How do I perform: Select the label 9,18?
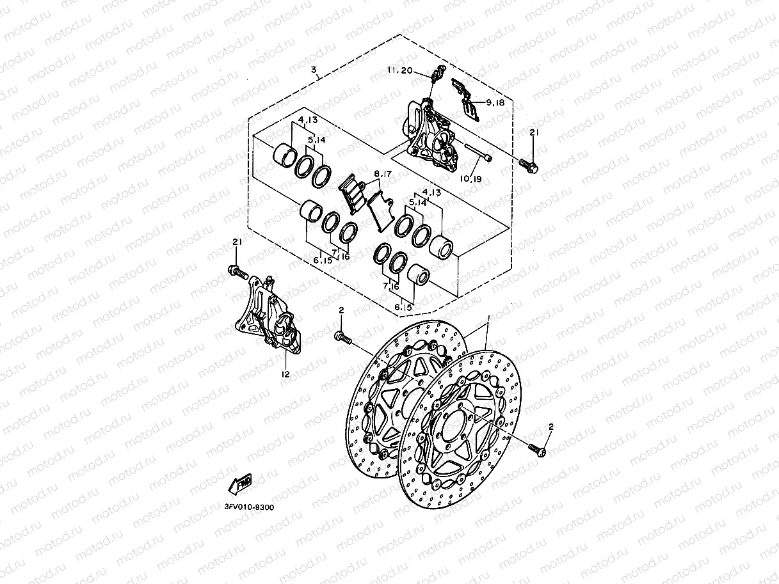[495, 102]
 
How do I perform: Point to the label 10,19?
[470, 179]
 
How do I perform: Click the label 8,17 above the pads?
[382, 173]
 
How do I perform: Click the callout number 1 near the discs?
[488, 318]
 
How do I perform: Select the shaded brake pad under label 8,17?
[351, 194]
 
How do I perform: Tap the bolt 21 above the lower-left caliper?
[237, 272]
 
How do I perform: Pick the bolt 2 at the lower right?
[538, 451]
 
